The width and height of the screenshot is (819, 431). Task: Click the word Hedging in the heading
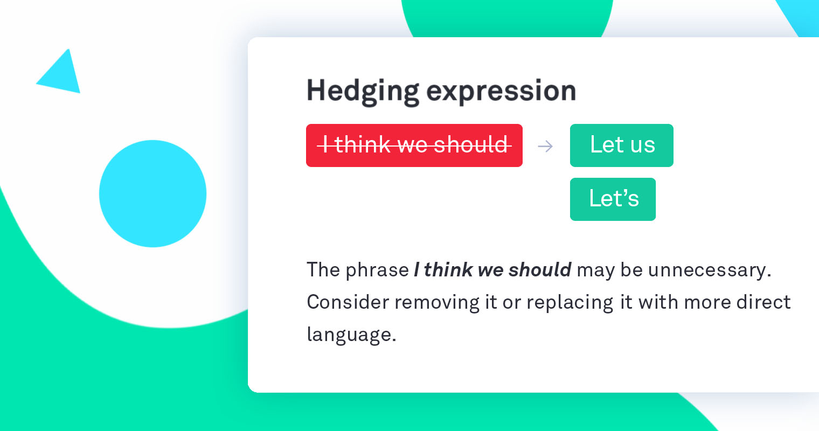[x=362, y=91]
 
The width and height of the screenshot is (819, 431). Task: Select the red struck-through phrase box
[x=414, y=145]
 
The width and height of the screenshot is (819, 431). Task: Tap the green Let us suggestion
[x=621, y=145]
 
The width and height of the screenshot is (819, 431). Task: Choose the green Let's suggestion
[x=613, y=199]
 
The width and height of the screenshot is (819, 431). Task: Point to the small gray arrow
[x=545, y=146]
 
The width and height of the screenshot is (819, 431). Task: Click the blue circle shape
[x=152, y=193]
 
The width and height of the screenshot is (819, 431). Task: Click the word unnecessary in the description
[x=709, y=269]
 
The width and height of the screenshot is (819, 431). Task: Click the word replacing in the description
[x=570, y=302]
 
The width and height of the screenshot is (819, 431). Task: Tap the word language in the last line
[x=351, y=335]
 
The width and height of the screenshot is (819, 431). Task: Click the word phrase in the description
[x=377, y=269]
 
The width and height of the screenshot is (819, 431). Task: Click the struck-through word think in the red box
[x=363, y=145]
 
